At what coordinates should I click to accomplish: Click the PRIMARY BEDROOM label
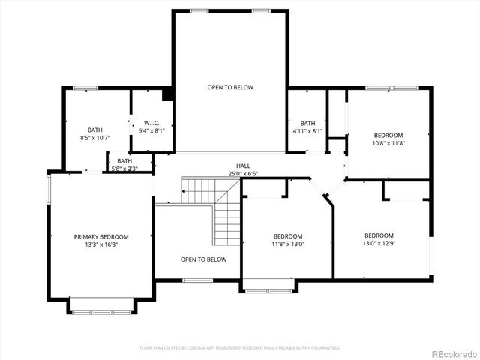click(101, 236)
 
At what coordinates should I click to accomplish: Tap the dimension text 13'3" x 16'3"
click(101, 244)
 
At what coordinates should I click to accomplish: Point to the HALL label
click(243, 166)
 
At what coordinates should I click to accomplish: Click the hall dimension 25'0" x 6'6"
click(243, 173)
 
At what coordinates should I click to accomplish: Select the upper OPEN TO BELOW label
click(230, 87)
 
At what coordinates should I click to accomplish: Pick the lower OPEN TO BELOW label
click(203, 259)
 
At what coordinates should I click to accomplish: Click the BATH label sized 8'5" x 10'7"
click(94, 130)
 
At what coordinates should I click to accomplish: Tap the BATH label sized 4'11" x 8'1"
click(307, 123)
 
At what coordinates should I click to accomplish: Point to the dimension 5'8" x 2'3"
click(124, 168)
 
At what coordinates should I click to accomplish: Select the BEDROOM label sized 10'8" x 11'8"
click(388, 135)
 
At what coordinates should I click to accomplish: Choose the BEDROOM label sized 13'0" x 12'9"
click(379, 235)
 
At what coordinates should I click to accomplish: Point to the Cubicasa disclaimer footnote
click(240, 347)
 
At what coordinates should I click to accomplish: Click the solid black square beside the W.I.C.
click(167, 94)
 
